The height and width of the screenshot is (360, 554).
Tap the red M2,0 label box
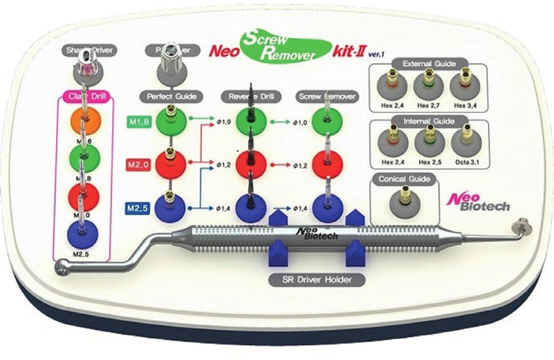pyautogui.click(x=139, y=165)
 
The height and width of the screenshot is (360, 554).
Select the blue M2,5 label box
pyautogui.click(x=139, y=209)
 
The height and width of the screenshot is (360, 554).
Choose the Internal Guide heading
pyautogui.click(x=429, y=121)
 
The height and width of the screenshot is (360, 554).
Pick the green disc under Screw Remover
pyautogui.click(x=327, y=121)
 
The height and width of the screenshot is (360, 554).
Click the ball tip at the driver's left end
pyautogui.click(x=63, y=268)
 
